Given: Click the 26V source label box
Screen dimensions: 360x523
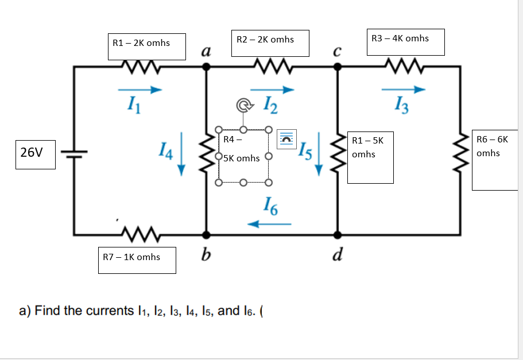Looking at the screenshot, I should point(36,153).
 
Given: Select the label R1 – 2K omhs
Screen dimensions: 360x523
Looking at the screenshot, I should point(147,46).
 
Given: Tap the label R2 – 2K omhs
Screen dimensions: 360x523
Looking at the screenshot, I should point(270,43).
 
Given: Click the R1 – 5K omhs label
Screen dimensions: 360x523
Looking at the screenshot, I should point(370,157).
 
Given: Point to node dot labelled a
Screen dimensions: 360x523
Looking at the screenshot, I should point(206,67).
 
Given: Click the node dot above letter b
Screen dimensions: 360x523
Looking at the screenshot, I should point(206,234).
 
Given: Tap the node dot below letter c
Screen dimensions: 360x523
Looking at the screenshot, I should point(338,67).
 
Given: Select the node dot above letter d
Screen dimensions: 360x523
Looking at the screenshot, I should point(337,234).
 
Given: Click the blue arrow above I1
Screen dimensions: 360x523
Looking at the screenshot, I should point(140,90).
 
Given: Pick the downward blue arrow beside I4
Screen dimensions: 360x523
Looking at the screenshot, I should point(181,153).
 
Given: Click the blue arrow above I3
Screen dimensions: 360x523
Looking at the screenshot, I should point(403,90).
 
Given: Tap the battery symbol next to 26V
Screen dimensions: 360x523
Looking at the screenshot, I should point(73,152).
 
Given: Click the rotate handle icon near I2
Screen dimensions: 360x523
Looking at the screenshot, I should point(243,106).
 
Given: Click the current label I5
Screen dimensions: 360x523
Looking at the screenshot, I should point(304,151).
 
